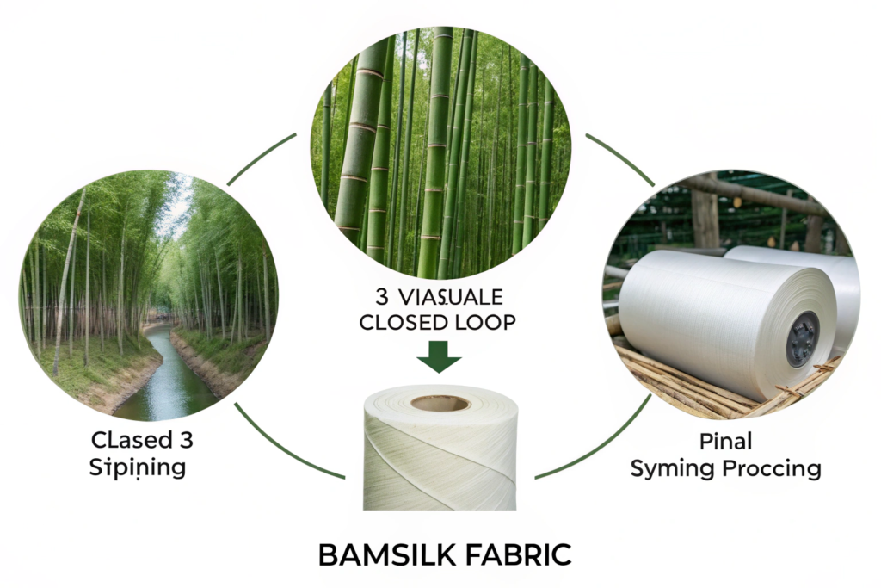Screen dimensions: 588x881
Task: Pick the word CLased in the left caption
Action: pos(126,441)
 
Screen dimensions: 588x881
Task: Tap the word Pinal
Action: pos(726,443)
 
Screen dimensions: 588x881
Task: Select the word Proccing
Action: pos(771,469)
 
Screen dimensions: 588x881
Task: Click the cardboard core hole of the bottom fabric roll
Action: pos(440,402)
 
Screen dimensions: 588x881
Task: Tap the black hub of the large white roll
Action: pos(803,339)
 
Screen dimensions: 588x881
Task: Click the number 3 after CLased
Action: pos(185,441)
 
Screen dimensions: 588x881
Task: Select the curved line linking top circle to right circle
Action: pos(619,158)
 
